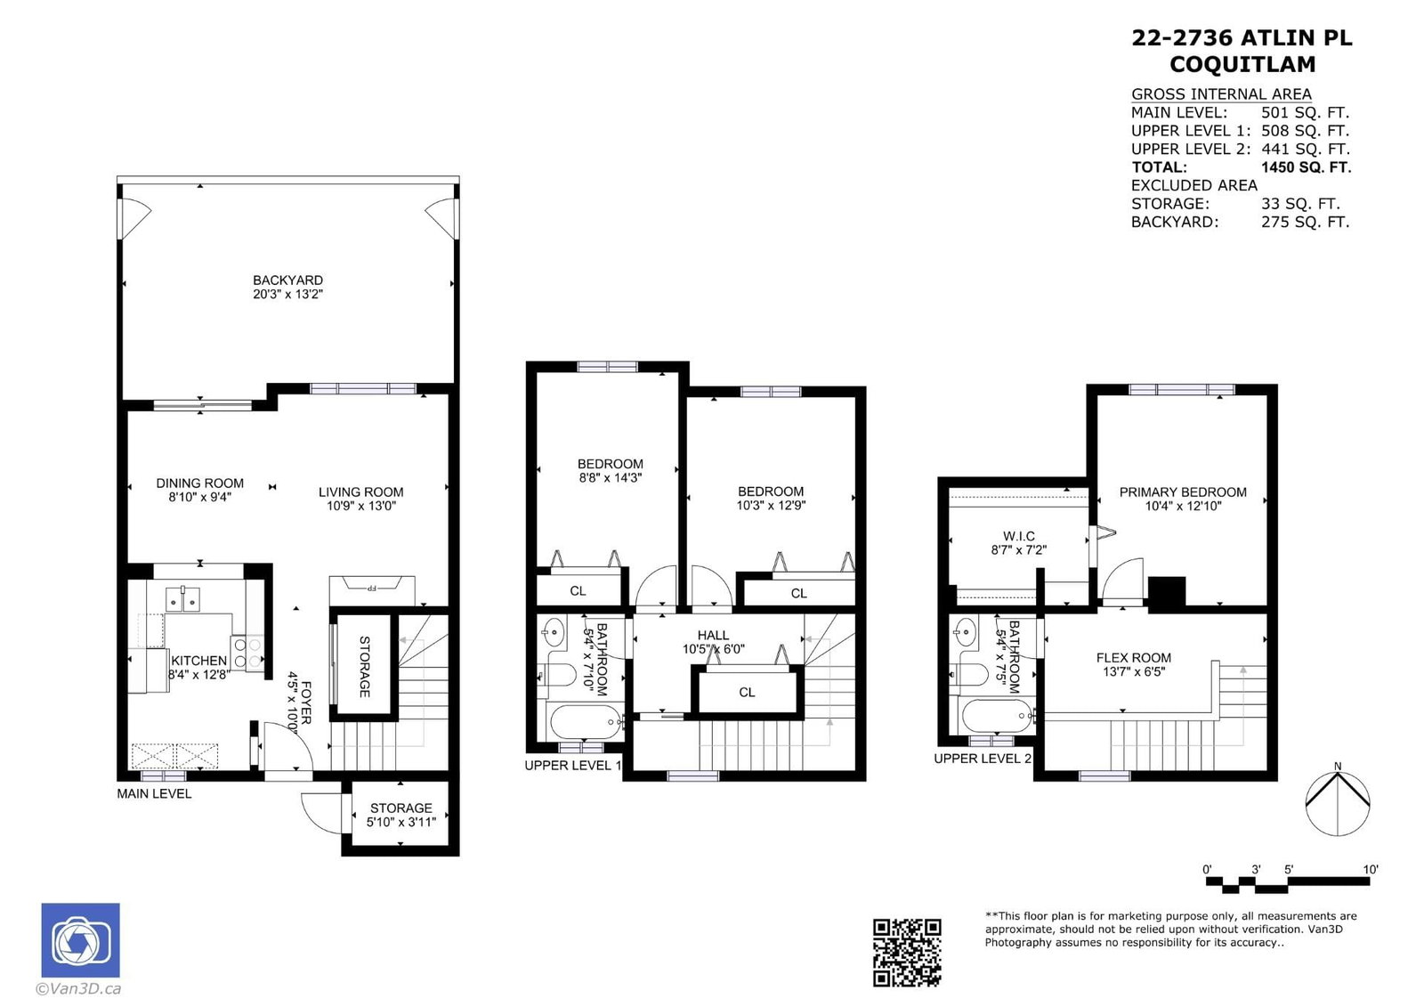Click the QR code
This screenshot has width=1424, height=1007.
(907, 953)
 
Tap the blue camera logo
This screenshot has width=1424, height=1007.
(81, 939)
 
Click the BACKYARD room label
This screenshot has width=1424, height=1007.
(288, 280)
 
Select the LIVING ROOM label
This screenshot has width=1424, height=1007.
(361, 491)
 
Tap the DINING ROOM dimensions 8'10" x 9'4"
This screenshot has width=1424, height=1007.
(199, 497)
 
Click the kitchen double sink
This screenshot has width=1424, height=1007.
(182, 599)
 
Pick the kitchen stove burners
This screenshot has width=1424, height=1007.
(247, 653)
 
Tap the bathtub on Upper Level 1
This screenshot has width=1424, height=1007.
(586, 722)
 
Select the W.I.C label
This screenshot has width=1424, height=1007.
(1019, 536)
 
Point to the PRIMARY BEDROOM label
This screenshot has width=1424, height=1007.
(1183, 491)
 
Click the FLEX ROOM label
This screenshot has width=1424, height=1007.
(1134, 658)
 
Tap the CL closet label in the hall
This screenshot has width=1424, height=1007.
(747, 692)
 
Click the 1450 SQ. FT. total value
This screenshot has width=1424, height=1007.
(1307, 167)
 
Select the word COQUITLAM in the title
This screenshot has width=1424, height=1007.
(1242, 64)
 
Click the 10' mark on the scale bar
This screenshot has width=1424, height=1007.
(1371, 869)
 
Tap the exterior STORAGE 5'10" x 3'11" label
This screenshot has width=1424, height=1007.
(401, 815)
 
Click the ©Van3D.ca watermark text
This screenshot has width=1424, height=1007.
(78, 988)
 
